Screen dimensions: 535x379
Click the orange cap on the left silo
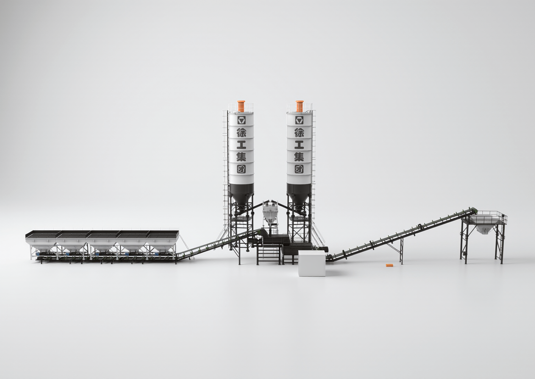[242, 106]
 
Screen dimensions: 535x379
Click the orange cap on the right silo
[300, 106]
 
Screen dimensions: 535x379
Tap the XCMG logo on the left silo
[241, 120]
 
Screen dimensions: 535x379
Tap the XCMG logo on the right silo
[300, 120]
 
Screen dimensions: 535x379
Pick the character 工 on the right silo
[300, 145]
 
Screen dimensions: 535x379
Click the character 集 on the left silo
[241, 157]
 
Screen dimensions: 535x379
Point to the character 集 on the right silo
[300, 157]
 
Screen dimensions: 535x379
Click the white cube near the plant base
[312, 263]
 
